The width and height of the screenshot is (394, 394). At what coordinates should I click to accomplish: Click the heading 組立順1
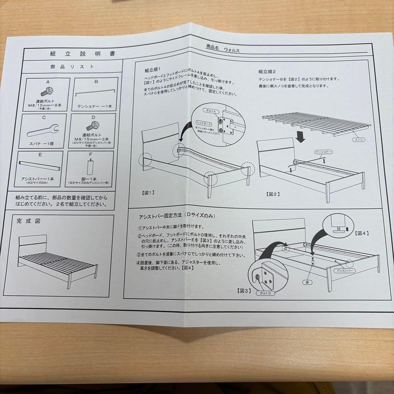(152, 70)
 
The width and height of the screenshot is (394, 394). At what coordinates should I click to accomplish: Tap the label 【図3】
(243, 290)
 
